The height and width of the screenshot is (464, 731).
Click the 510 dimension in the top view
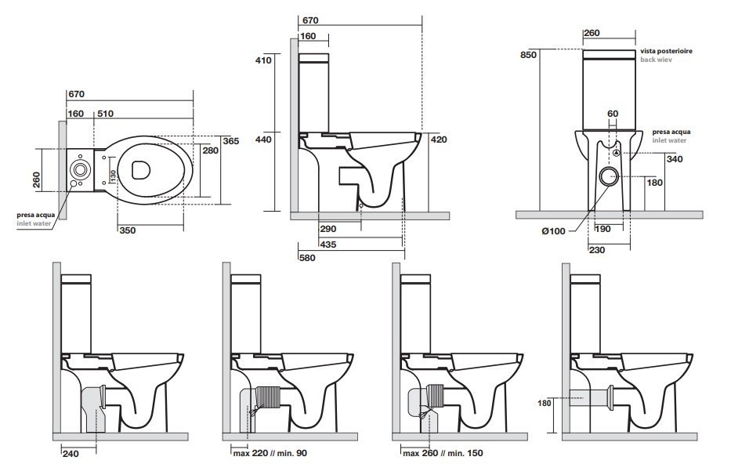[105, 114]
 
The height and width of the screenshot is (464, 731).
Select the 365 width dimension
[230, 141]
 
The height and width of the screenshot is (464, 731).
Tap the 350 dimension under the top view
[127, 230]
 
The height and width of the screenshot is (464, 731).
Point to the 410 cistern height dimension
[263, 60]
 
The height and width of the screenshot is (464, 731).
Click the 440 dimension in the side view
[263, 139]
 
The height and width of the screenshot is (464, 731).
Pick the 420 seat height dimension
[438, 139]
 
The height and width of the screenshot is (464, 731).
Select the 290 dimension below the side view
[328, 229]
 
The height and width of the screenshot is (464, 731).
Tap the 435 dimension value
[328, 244]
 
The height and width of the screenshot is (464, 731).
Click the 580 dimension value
[307, 257]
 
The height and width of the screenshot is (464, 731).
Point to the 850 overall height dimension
[529, 55]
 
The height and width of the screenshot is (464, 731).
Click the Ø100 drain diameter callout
[553, 230]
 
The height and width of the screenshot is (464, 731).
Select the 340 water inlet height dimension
[674, 159]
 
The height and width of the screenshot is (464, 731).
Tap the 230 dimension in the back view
[597, 250]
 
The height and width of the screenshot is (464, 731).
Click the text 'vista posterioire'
[666, 51]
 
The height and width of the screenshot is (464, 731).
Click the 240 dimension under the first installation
[70, 453]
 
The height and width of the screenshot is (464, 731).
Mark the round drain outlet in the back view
[610, 176]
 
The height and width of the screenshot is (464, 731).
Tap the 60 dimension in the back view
[613, 114]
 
